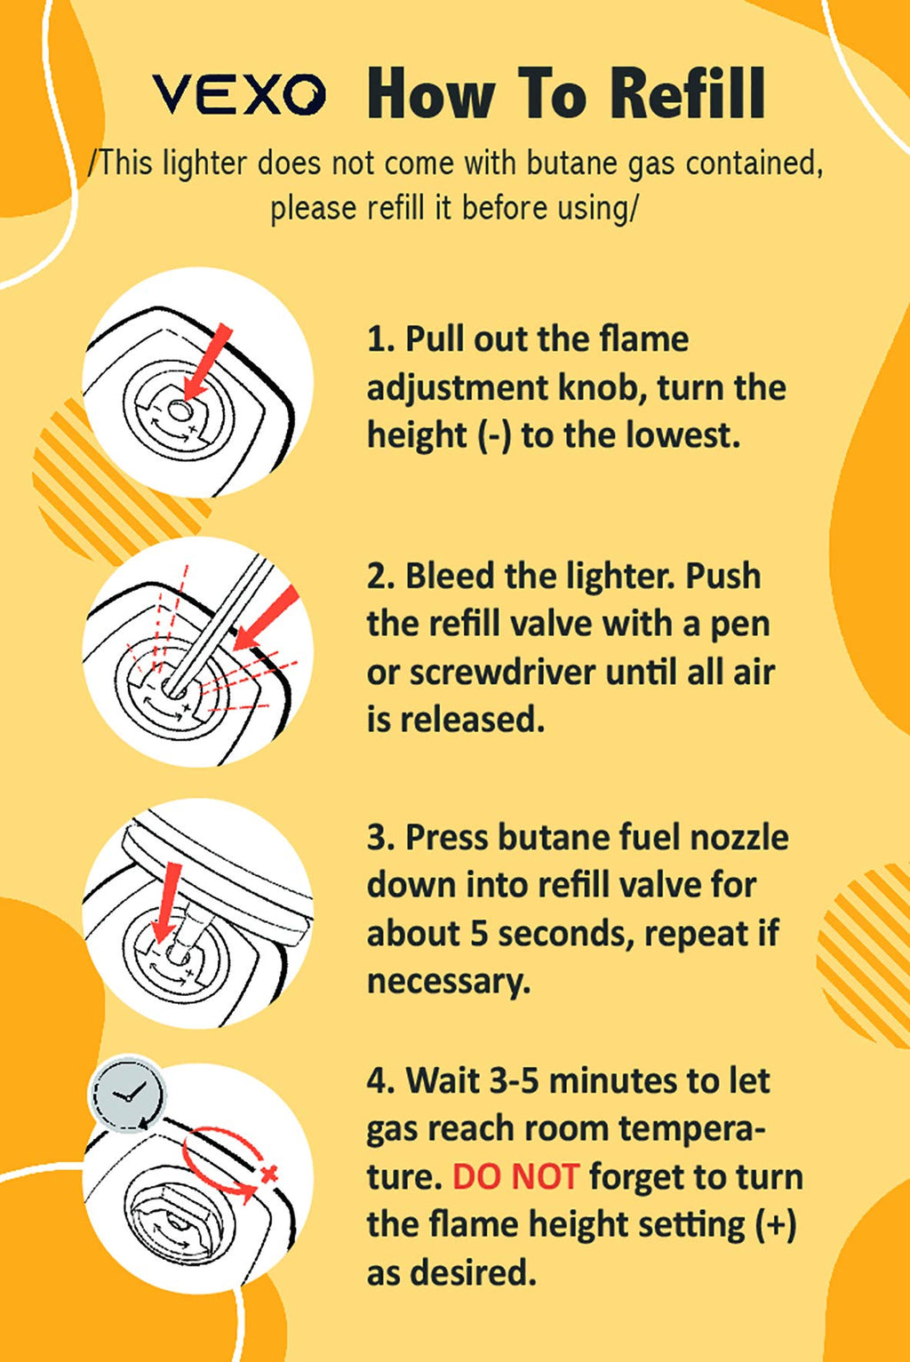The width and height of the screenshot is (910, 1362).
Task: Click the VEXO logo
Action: click(x=238, y=94)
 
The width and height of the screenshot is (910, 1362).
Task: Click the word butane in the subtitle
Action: click(x=569, y=163)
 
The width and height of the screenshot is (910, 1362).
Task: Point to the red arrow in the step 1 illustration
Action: click(x=208, y=362)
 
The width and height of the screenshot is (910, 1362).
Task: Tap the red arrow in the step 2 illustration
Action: click(x=266, y=618)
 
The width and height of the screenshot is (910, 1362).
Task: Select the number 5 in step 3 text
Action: click(x=479, y=934)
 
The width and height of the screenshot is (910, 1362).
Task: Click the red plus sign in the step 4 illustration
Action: click(x=268, y=1175)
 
